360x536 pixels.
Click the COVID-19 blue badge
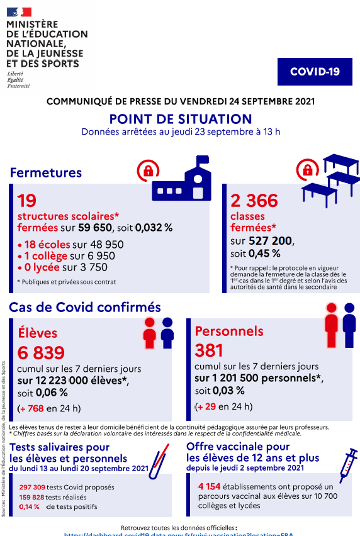pyautogui.click(x=315, y=72)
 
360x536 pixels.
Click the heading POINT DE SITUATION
pyautogui.click(x=180, y=119)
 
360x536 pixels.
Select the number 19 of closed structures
pyautogui.click(x=27, y=201)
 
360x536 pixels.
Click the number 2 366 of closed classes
pyautogui.click(x=254, y=201)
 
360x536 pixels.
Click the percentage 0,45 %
pyautogui.click(x=264, y=254)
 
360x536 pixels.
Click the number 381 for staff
pyautogui.click(x=209, y=350)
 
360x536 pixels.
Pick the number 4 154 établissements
pyautogui.click(x=211, y=486)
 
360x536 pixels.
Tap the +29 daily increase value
pyautogui.click(x=207, y=406)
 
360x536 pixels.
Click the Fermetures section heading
pyautogui.click(x=46, y=172)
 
